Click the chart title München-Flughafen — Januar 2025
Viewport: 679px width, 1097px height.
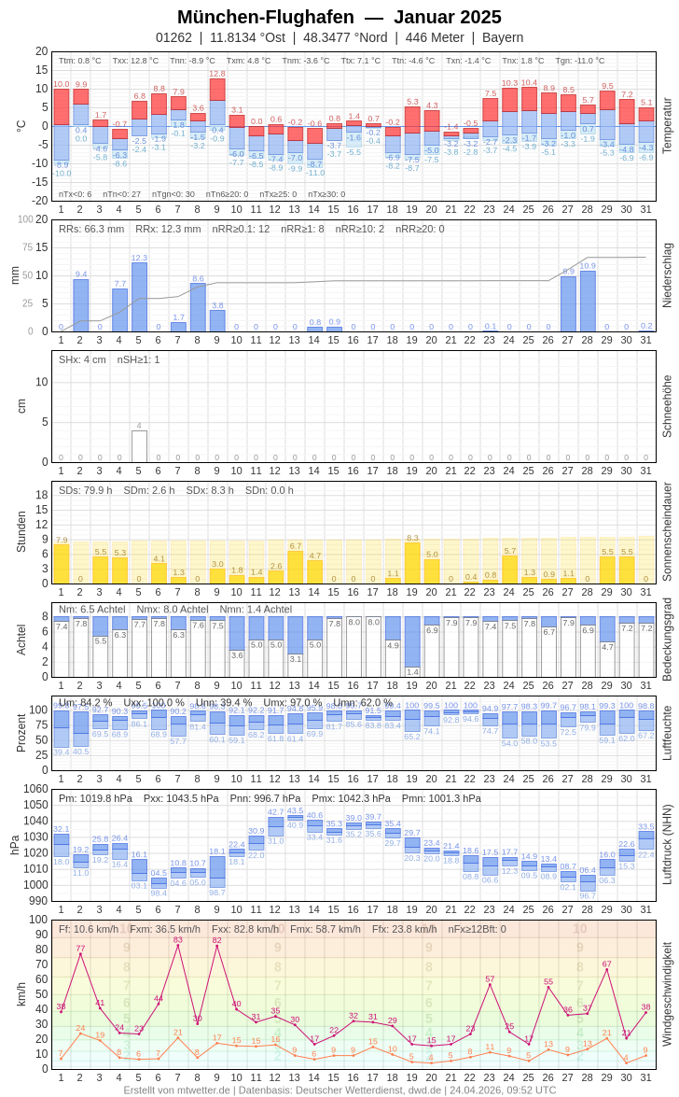click(339, 17)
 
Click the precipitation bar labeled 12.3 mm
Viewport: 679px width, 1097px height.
click(139, 297)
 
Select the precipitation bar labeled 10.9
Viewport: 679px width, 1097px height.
click(588, 301)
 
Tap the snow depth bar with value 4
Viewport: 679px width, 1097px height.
click(139, 446)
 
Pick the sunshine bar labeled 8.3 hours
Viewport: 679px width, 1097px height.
click(412, 563)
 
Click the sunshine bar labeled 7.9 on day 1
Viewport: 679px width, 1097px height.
click(62, 564)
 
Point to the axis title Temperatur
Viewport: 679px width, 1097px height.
click(667, 125)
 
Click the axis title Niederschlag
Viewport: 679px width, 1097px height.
click(667, 275)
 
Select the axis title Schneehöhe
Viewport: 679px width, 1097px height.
click(667, 406)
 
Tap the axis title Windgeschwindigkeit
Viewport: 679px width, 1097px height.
click(667, 993)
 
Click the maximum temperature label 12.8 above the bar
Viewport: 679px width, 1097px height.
click(217, 73)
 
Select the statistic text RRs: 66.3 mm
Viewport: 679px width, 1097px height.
click(91, 229)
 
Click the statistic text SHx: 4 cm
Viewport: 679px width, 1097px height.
click(83, 359)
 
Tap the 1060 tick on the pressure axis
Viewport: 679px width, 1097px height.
click(35, 789)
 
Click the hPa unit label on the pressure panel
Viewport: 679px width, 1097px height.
click(14, 845)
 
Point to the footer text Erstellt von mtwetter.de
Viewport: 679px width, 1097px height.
click(177, 1090)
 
